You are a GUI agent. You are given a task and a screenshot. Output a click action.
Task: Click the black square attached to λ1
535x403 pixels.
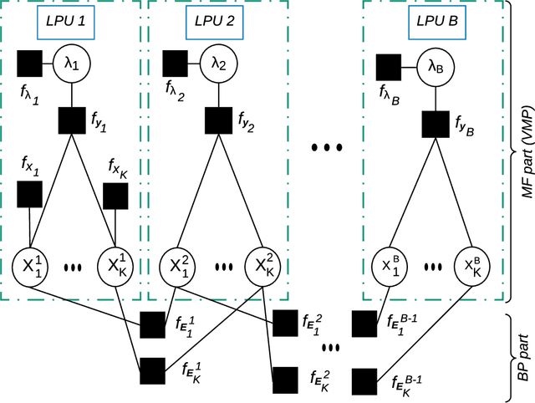point(29,63)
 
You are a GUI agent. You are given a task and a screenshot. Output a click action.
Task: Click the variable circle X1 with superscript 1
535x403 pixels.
point(30,268)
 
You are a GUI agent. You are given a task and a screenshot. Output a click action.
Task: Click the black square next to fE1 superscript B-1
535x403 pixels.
point(365,324)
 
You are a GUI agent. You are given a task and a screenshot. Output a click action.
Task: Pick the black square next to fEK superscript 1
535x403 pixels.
point(153,370)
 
